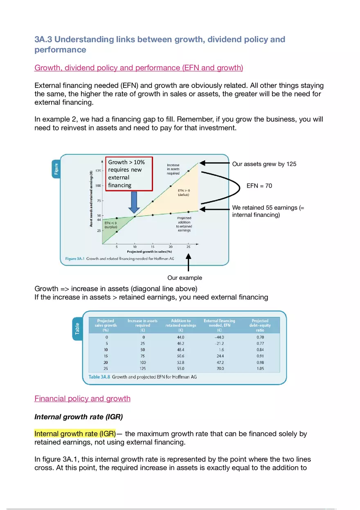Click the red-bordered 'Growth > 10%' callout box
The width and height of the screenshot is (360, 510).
[x=129, y=174]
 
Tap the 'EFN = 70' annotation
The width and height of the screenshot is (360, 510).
[x=259, y=186]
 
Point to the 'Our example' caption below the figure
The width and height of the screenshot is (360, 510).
[x=184, y=278]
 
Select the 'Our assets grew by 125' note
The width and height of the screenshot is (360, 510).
[x=264, y=164]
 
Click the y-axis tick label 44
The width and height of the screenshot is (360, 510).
[x=99, y=220]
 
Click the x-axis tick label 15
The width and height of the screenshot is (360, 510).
[x=153, y=247]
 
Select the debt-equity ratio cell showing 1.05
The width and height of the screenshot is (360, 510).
[x=260, y=368]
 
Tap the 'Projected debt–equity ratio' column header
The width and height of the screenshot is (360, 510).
[x=260, y=325]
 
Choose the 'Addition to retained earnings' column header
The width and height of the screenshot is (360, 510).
[x=180, y=325]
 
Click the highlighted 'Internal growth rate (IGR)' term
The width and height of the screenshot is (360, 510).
[x=75, y=434]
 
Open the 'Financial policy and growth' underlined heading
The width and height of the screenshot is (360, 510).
[x=82, y=398]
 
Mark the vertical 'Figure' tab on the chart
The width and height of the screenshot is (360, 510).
[x=56, y=169]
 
